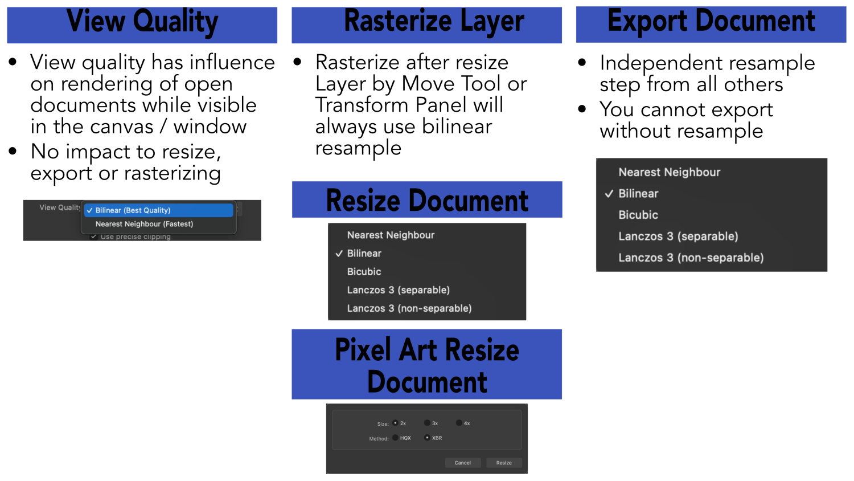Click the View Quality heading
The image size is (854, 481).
coord(142,23)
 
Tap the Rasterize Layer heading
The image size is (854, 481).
coord(434,22)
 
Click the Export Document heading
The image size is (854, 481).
coord(711,22)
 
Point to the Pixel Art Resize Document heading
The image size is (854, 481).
coord(426,365)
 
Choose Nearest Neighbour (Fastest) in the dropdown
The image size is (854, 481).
coord(144,224)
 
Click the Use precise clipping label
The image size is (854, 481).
coord(136,237)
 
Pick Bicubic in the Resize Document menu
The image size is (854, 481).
coord(364,272)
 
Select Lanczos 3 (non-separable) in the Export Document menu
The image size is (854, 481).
coord(691,258)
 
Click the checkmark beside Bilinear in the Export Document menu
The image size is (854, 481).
coord(609,194)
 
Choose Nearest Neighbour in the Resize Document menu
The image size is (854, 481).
coord(391,235)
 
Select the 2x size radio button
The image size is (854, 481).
coord(395,423)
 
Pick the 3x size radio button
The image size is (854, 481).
coord(427,423)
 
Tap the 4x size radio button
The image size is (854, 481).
coord(459,423)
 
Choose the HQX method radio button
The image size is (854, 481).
coord(395,438)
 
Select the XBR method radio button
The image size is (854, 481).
coord(427,438)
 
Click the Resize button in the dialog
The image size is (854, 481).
coord(503,463)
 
